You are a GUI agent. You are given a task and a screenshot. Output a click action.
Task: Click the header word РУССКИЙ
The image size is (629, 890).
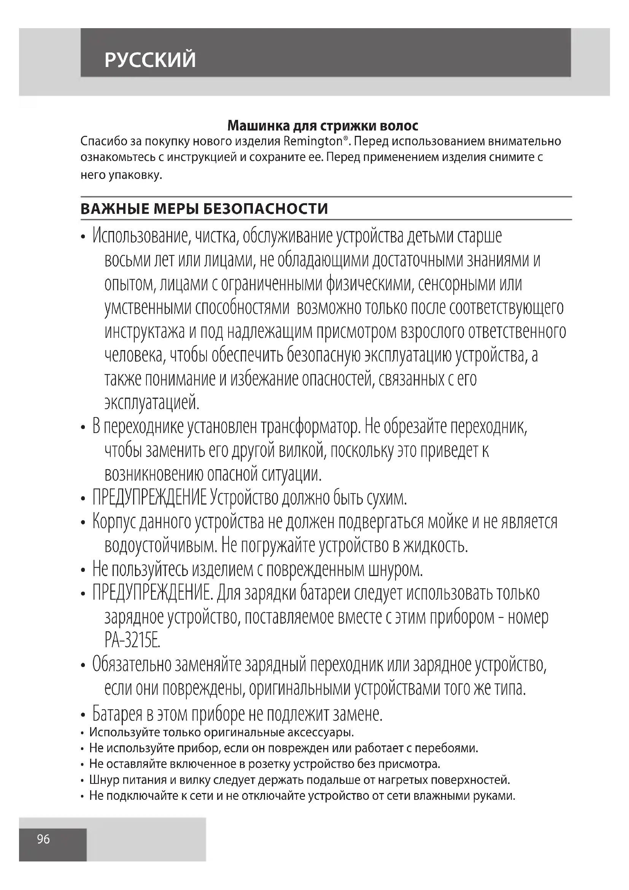(150, 60)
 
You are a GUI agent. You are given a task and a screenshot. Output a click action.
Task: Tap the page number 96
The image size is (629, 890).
(43, 839)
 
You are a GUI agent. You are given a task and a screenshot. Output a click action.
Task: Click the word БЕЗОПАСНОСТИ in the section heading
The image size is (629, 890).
(266, 209)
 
